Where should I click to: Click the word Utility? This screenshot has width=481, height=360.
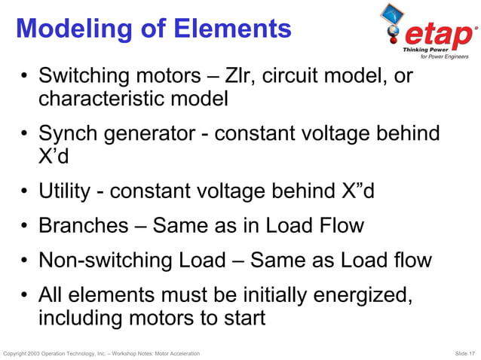point(66,191)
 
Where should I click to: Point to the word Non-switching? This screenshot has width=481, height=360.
point(106,261)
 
